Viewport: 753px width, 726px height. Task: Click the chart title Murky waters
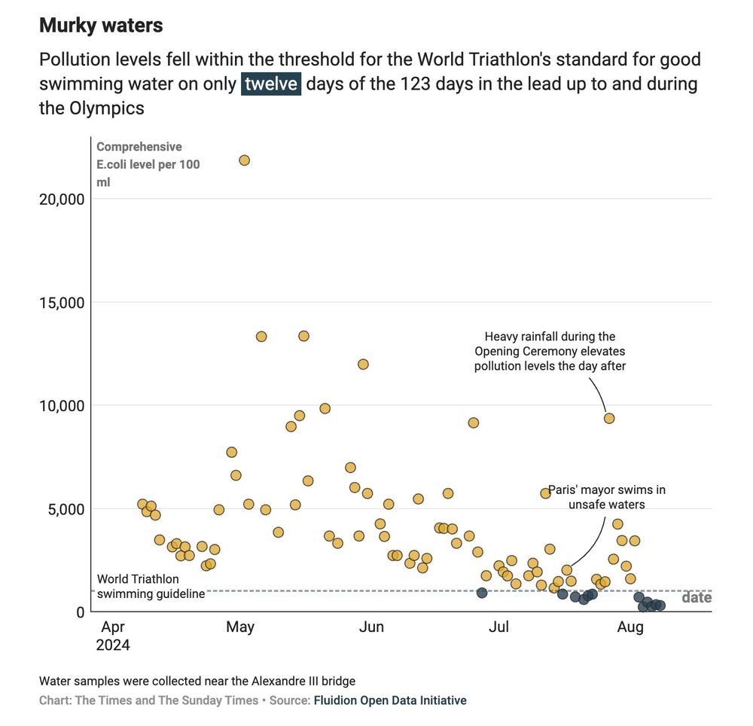[101, 25]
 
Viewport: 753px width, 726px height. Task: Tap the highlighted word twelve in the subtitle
[271, 84]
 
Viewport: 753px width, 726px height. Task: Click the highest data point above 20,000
[244, 160]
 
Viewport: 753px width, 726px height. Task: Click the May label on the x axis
[240, 627]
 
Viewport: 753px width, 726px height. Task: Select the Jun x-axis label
[371, 627]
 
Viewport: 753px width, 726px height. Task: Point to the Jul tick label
[498, 627]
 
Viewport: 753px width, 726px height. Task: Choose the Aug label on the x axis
[630, 627]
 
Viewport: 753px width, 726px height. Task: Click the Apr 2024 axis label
[113, 636]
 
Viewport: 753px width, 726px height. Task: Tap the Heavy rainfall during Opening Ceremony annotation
[550, 351]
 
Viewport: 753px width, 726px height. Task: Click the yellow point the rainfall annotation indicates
[609, 418]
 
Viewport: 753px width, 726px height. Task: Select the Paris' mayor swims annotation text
[606, 497]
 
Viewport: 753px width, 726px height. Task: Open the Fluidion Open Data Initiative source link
[390, 700]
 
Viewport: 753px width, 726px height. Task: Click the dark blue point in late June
[482, 593]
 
